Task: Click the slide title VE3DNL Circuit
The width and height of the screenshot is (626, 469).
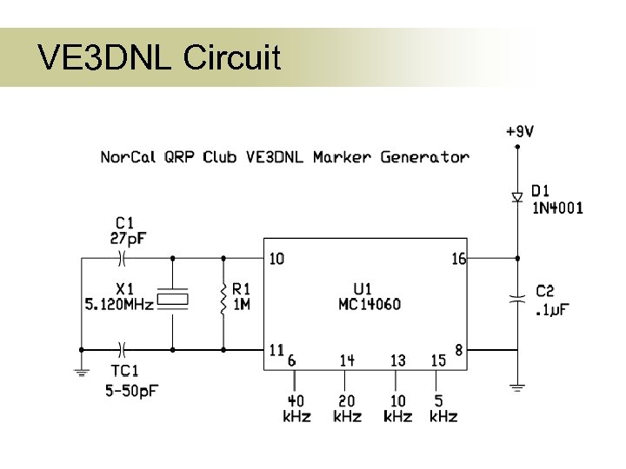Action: pos(159,58)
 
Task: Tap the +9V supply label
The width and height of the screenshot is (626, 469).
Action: pos(519,132)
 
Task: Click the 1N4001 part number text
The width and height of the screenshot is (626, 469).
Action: pos(557,208)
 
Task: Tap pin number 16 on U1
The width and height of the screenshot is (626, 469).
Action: pos(458,258)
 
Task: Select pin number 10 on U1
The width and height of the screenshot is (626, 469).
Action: pos(276,258)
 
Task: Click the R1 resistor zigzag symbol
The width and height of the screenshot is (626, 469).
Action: pos(223,299)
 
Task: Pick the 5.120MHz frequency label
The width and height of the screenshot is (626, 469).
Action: pos(119,305)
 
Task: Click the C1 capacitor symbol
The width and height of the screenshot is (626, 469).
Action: pos(123,258)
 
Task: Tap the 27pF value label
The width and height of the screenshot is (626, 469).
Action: pos(129,237)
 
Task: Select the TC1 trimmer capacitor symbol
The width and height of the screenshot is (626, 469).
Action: pos(123,349)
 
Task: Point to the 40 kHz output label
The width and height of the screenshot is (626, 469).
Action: pos(296,409)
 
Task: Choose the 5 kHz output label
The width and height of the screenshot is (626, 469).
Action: pos(443,409)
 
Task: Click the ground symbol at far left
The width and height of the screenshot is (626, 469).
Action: pos(83,372)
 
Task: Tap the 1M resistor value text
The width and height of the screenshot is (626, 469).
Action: pos(242,305)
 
